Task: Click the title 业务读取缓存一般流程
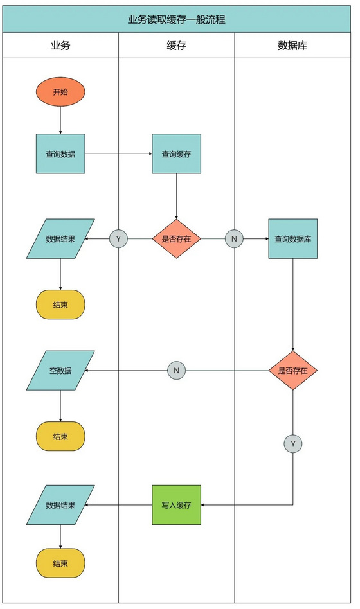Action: [177, 19]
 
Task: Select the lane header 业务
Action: [60, 46]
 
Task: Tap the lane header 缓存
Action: [177, 46]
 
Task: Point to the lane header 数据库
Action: [292, 46]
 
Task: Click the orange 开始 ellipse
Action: [60, 92]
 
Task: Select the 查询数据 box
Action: [60, 154]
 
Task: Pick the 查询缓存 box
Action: [177, 154]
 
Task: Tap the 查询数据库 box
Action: [292, 239]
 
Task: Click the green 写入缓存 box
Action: [177, 505]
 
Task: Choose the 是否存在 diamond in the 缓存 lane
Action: [177, 239]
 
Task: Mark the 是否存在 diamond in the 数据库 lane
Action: [292, 371]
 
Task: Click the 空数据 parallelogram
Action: [60, 371]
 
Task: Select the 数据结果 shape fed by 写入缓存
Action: [60, 505]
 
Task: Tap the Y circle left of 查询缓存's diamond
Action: [118, 239]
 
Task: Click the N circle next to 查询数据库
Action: [234, 239]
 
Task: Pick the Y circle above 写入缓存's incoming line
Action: [292, 443]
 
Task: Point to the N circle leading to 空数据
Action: [177, 371]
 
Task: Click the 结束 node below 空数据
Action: [60, 436]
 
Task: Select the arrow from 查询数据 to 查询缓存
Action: [118, 154]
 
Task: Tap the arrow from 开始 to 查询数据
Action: [60, 120]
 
